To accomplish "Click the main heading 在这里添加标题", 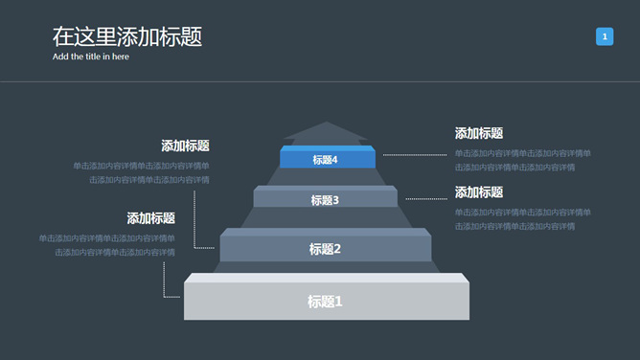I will pos(126,37).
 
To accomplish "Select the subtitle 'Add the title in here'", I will pos(90,56).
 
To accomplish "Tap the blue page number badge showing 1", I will pos(605,36).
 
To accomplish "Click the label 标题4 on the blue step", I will pos(326,160).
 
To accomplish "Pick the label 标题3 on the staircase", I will pos(325,200).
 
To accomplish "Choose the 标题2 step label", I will pos(325,249).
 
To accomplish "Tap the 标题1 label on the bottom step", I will pos(325,302).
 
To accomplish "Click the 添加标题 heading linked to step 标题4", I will pos(479,133).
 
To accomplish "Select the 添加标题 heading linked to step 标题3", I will pos(479,192).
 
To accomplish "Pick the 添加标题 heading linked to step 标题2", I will pos(185,146).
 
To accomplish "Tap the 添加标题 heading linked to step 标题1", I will pos(150,218).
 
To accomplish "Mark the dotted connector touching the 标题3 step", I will pos(426,198).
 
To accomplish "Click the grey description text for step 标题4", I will pos(522,160).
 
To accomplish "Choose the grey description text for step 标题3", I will pos(522,219).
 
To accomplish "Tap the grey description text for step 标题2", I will pos(141,172).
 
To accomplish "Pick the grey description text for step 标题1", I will pos(106,245).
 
